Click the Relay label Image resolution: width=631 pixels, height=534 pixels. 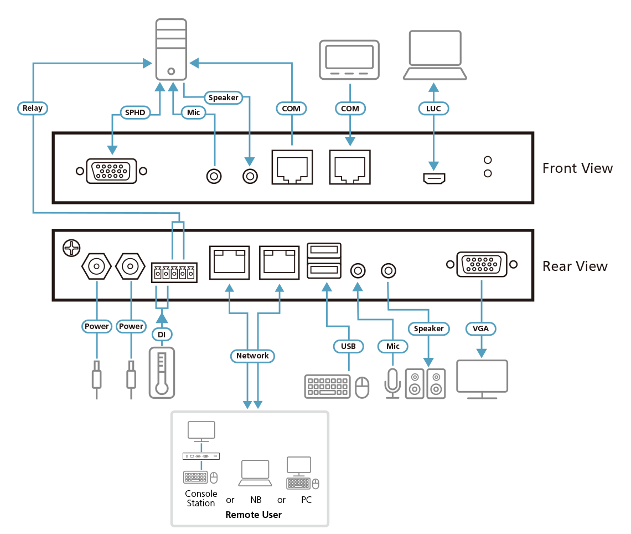click(32, 108)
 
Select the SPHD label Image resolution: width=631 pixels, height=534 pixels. click(135, 113)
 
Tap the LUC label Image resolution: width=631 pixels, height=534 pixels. click(433, 109)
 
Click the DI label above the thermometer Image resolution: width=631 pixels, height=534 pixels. click(161, 335)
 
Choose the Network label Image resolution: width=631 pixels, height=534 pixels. click(252, 356)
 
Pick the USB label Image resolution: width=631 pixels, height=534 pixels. click(348, 346)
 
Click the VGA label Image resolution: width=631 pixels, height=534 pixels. click(481, 328)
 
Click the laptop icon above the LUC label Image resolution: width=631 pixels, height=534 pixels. click(435, 55)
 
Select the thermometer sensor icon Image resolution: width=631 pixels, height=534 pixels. click(161, 372)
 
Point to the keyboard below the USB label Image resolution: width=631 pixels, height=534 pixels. click(327, 386)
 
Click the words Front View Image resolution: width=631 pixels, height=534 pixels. click(577, 168)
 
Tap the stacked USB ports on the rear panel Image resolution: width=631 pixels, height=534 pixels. click(324, 261)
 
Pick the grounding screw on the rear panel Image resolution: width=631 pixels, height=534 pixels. click(70, 248)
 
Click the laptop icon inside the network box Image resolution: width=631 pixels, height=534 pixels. click(255, 473)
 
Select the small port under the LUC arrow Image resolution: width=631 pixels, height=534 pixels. click(435, 178)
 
